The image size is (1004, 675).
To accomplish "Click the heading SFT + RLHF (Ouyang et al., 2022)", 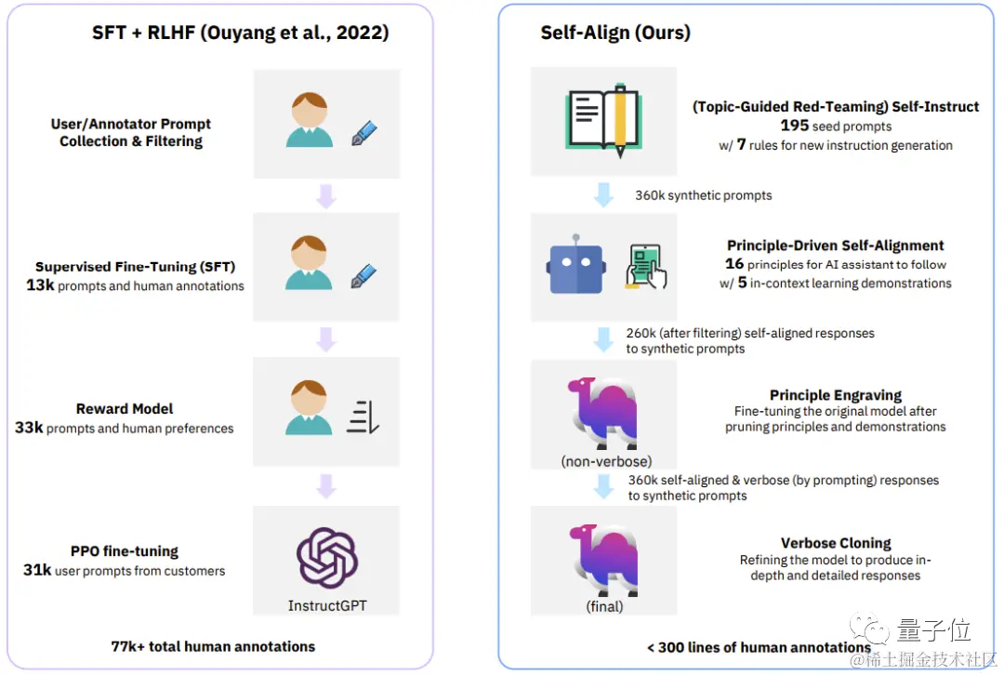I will [x=240, y=33].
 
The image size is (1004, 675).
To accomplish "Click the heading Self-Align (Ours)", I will [x=615, y=33].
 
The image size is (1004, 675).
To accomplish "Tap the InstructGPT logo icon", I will [x=327, y=558].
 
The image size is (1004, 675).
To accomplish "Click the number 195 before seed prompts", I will [x=794, y=126].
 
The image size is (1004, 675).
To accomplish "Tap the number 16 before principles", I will [x=734, y=264].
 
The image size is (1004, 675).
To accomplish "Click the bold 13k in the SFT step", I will [x=40, y=285].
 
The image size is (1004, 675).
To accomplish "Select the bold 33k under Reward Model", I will [x=29, y=428].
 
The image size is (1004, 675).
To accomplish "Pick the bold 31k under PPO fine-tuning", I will [x=37, y=570].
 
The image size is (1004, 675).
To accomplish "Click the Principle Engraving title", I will [x=835, y=395].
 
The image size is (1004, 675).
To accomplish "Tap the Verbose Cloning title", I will [x=835, y=543].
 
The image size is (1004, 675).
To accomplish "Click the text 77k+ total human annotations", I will [x=213, y=646].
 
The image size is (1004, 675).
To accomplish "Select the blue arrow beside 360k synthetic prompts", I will [x=603, y=195].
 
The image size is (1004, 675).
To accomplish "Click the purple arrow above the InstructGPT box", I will [x=325, y=484].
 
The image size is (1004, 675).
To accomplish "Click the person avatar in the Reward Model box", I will [x=309, y=409].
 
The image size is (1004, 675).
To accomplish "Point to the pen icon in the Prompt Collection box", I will [x=363, y=133].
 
